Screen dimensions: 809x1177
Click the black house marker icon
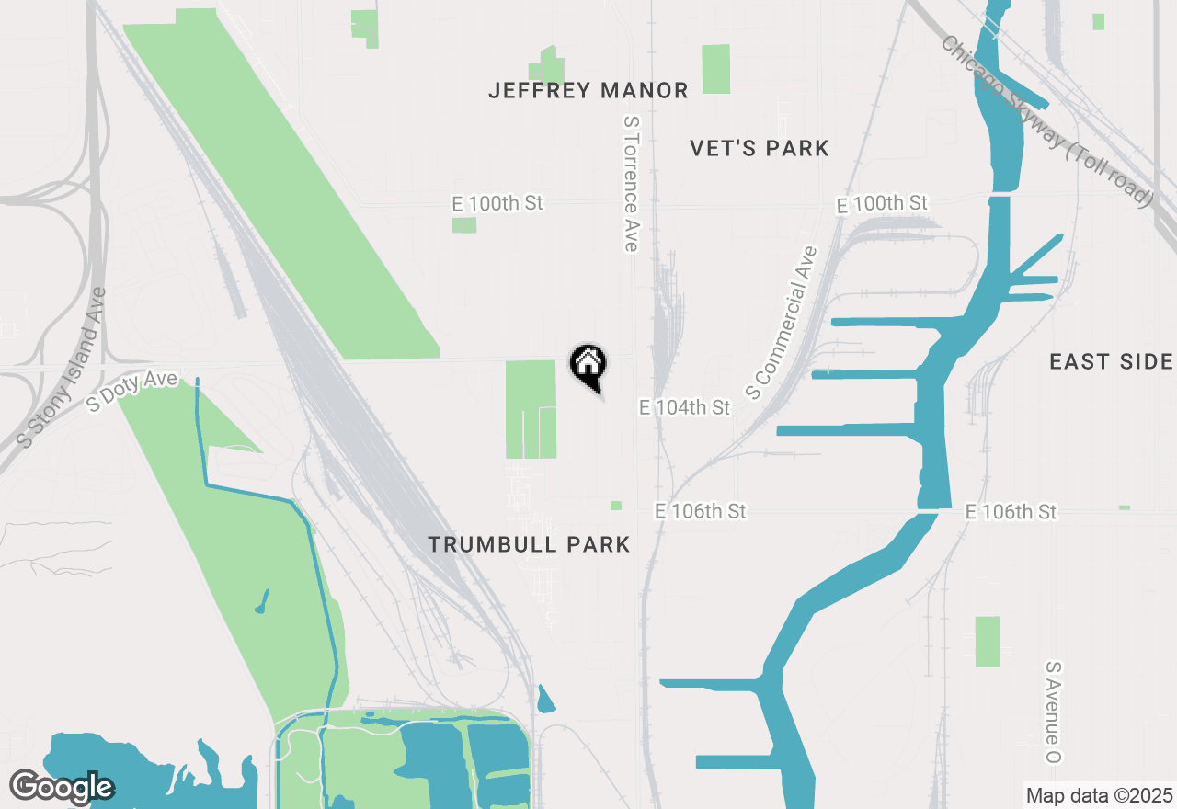point(588,366)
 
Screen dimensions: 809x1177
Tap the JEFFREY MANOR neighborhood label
point(588,90)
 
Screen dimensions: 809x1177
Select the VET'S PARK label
point(760,148)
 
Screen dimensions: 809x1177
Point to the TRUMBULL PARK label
point(530,544)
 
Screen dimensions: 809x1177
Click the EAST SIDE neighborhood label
point(1111,362)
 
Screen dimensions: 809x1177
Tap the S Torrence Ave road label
point(631,183)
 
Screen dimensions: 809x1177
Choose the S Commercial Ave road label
point(782,323)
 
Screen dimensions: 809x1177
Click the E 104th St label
point(685,406)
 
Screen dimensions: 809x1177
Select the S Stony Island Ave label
point(63,368)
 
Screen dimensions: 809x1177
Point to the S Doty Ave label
point(131,391)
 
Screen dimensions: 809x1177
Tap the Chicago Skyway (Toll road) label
point(1046,121)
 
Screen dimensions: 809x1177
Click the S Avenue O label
point(1054,712)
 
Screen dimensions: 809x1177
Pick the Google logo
point(62,787)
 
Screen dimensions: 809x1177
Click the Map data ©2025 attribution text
point(1099,795)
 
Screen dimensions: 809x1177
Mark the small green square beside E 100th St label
point(464,225)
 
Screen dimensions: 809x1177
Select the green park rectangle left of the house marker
point(531,409)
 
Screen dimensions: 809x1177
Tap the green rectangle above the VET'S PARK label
point(715,69)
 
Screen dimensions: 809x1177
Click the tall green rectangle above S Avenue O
point(987,641)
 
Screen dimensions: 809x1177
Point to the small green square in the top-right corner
point(1098,21)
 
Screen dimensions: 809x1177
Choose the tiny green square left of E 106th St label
point(615,506)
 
